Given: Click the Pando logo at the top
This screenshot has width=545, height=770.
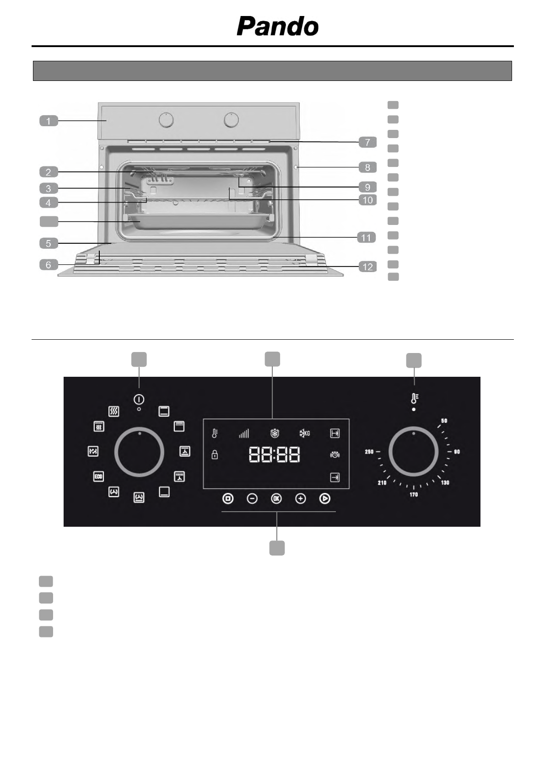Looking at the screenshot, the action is coord(277,27).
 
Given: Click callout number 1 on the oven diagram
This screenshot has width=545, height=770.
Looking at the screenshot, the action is coord(49,121).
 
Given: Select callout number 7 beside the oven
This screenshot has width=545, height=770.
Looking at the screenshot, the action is coord(367,142).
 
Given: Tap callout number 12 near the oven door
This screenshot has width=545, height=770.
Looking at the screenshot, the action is coord(367,267).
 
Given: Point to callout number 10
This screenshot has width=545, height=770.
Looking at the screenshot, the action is coord(367,200).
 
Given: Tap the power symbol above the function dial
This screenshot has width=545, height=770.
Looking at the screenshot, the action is coord(139,399).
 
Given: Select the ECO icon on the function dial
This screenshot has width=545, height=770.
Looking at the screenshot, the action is coord(98,476).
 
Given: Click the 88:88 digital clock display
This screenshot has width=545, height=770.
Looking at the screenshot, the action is coord(275,455).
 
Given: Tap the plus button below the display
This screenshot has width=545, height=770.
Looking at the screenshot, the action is coord(300,498).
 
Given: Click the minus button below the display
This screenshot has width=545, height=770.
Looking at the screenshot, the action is coord(252,498).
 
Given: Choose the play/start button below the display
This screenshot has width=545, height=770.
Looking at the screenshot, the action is coord(324,498).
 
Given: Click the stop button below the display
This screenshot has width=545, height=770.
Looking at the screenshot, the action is coord(228,498).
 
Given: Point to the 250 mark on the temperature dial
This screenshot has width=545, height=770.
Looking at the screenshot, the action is coord(369,452).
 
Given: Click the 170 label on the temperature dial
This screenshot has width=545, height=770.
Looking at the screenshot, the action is coord(414,494).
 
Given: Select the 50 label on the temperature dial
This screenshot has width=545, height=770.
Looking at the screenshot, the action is coord(444,421).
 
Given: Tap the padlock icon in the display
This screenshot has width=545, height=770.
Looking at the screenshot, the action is coord(215,455).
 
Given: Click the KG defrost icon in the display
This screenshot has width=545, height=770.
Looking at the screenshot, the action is coord(305,433).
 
